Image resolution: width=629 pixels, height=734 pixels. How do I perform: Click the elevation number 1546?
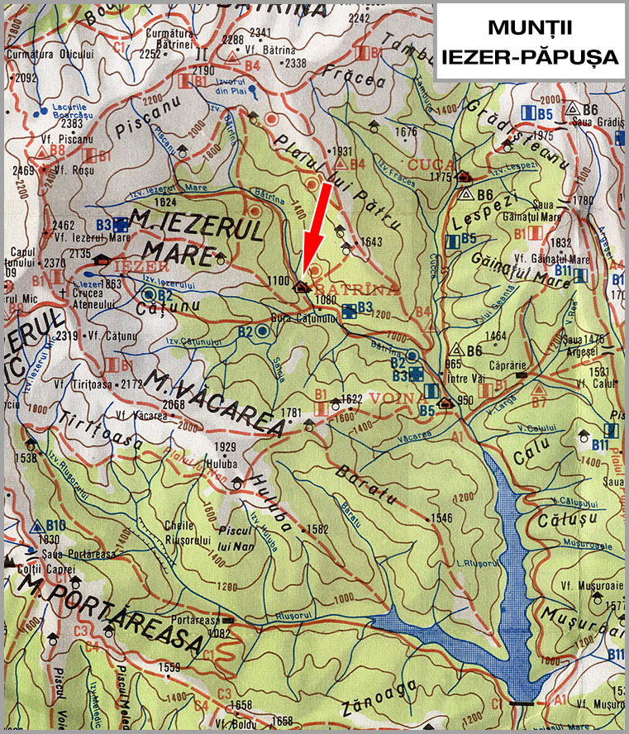coord(443,517)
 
